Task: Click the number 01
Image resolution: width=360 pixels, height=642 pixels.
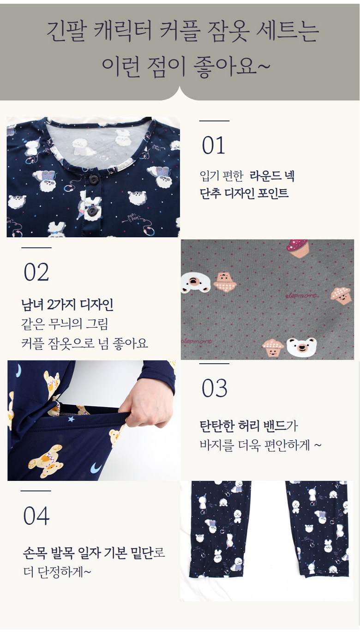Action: tap(213, 145)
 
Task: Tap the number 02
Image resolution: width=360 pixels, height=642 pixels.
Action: tap(36, 272)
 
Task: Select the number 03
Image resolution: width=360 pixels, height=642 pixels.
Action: tap(215, 388)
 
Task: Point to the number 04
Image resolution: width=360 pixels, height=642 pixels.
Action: tap(36, 516)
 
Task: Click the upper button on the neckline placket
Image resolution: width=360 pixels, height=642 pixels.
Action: tap(93, 180)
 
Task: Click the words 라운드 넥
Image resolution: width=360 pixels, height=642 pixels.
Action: tap(272, 175)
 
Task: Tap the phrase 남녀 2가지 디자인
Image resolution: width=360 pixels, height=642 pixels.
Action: tap(67, 304)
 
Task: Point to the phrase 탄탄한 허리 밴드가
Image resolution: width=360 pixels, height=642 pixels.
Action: tap(249, 426)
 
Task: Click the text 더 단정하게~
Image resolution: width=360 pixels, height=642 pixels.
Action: tap(57, 572)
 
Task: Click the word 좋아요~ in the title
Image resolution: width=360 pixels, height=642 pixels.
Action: tap(231, 67)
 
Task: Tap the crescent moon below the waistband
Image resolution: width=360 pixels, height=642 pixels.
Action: tap(96, 468)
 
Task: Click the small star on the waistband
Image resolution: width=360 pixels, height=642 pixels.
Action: tap(71, 419)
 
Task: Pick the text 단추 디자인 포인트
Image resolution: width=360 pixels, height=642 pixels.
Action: tap(244, 193)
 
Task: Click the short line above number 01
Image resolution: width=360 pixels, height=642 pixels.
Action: tap(215, 121)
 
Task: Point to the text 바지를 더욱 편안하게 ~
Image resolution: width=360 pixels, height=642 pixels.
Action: tap(261, 445)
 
